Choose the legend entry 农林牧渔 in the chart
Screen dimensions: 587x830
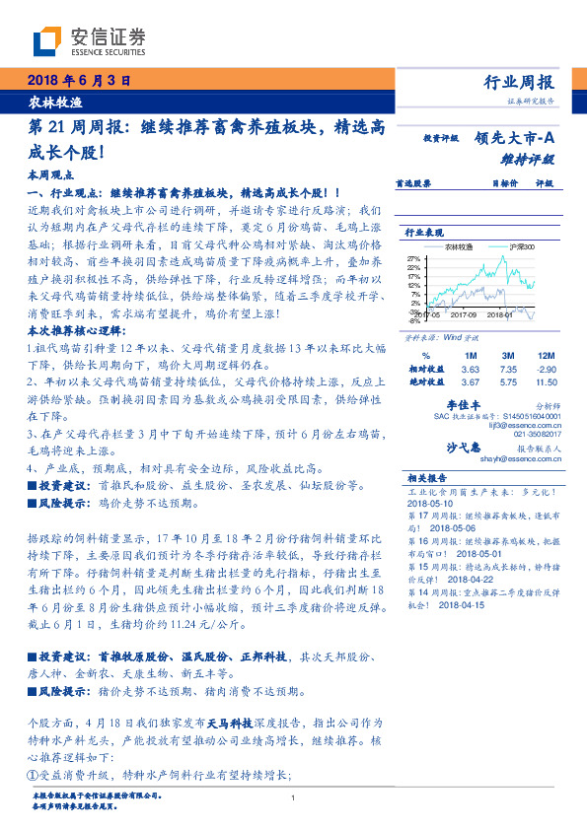click(x=459, y=246)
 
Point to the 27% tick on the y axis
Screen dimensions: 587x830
click(x=413, y=259)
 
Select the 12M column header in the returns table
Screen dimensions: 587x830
click(x=544, y=355)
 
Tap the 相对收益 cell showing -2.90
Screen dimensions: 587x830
click(x=544, y=368)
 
